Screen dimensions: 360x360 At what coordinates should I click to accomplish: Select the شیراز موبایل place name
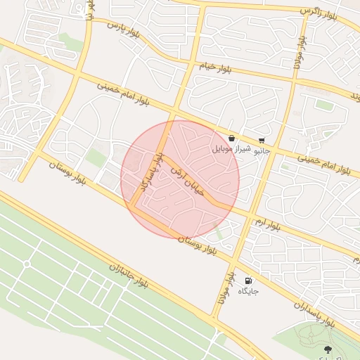click(x=231, y=150)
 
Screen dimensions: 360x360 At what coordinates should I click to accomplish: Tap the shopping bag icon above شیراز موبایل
click(x=231, y=139)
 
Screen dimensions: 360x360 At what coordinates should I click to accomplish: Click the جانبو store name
click(x=262, y=150)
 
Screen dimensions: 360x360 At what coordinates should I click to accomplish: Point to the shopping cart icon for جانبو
click(x=262, y=140)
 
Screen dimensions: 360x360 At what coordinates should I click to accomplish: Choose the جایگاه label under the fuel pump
click(x=249, y=290)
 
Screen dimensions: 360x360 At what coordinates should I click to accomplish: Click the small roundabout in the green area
click(x=27, y=264)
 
